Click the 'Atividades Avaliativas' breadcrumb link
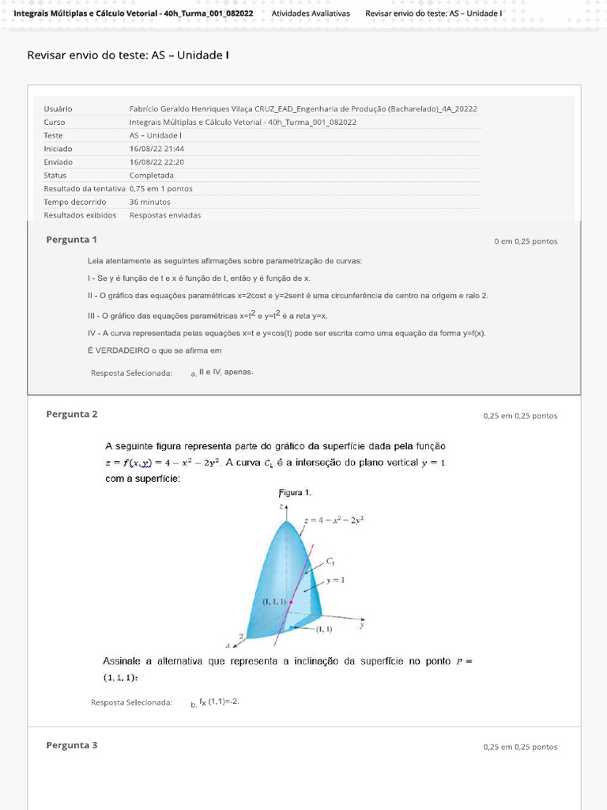(x=310, y=13)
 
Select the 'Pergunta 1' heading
(x=71, y=240)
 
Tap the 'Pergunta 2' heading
(x=71, y=414)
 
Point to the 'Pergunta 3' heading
(x=71, y=745)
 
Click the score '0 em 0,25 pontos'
(x=526, y=241)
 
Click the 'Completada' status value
(x=152, y=175)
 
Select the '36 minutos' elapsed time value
(x=150, y=202)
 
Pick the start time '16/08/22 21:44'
(x=156, y=148)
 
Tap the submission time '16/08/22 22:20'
(x=156, y=161)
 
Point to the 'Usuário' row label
(x=58, y=108)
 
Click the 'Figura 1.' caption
(x=296, y=492)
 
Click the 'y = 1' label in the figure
(x=336, y=580)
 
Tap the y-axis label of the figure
(x=361, y=624)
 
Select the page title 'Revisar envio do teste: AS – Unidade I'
(x=128, y=55)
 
